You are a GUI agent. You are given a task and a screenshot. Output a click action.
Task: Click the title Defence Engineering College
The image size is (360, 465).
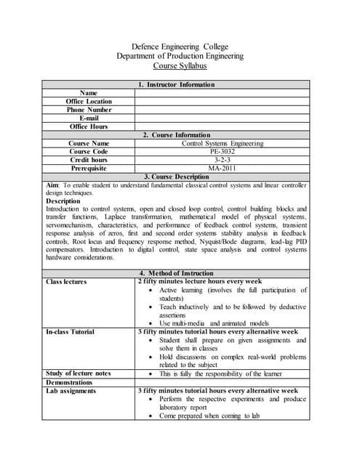(x=180, y=46)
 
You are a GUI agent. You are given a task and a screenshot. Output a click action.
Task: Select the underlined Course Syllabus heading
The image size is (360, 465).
(x=180, y=66)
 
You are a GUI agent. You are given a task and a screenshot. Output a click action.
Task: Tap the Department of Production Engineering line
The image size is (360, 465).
(x=180, y=56)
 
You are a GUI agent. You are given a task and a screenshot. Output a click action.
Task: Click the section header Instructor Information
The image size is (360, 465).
(x=180, y=85)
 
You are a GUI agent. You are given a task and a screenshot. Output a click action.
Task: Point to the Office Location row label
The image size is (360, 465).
(x=89, y=102)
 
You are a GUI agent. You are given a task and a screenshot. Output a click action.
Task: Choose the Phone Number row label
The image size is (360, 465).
(x=89, y=110)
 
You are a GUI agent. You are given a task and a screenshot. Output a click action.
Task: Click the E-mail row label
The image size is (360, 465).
(x=89, y=118)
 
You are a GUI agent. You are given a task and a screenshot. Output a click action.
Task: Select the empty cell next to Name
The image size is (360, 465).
(x=222, y=93)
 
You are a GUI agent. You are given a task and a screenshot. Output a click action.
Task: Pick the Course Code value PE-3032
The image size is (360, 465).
(x=222, y=152)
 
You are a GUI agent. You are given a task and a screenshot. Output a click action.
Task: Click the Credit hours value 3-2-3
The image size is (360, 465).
(x=222, y=160)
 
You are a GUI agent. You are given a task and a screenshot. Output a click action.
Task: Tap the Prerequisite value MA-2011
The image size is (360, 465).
(x=222, y=169)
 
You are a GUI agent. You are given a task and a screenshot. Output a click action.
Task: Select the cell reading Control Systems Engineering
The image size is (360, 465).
(x=222, y=144)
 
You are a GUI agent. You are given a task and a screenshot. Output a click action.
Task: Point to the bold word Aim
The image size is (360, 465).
(x=56, y=185)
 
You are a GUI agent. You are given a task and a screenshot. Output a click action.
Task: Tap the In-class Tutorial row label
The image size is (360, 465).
(x=70, y=332)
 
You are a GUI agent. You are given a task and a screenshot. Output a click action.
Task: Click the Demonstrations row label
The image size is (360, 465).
(x=69, y=382)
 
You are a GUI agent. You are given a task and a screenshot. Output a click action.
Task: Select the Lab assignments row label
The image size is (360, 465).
(x=71, y=391)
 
